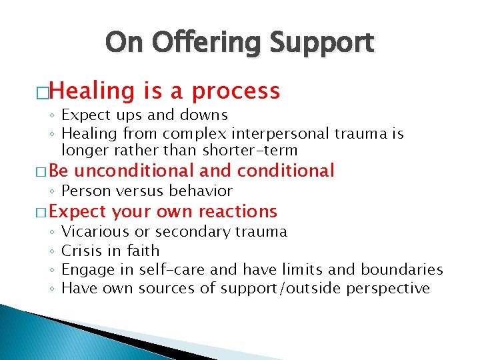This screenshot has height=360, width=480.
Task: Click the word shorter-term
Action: (x=255, y=151)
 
